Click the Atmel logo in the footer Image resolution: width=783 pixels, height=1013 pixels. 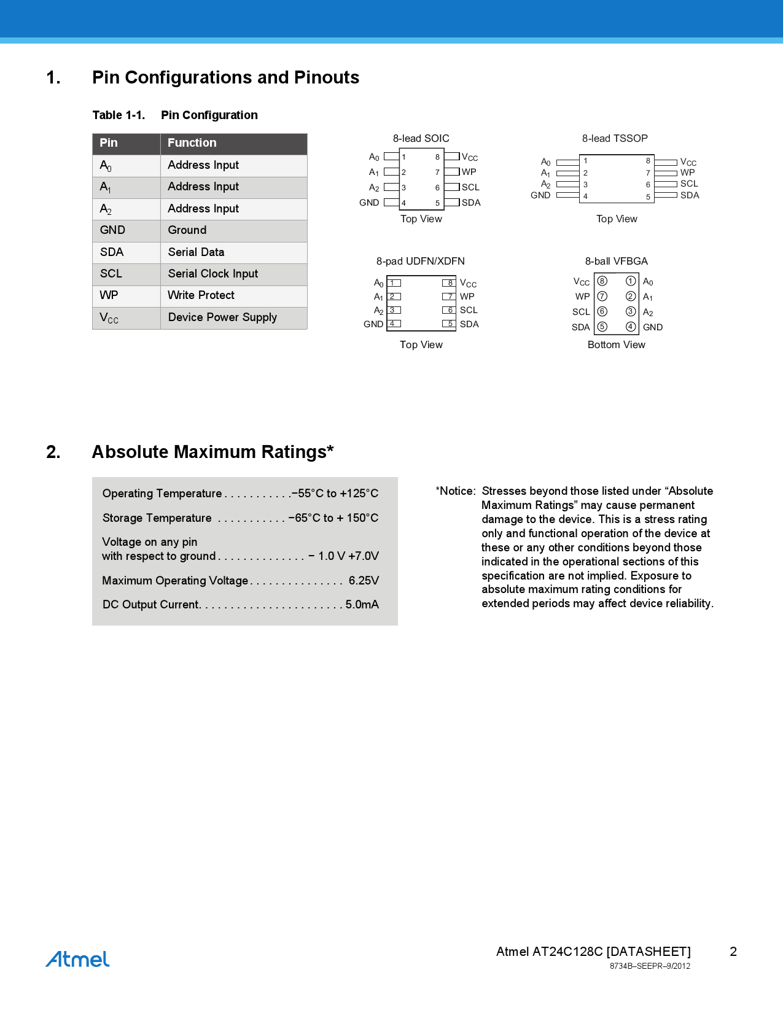[77, 959]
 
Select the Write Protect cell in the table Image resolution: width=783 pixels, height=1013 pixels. [201, 295]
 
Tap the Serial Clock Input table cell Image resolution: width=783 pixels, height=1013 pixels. [212, 274]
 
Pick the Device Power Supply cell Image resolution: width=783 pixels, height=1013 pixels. [222, 317]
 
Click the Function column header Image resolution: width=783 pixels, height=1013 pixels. [192, 143]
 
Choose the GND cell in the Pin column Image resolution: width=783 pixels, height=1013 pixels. [112, 230]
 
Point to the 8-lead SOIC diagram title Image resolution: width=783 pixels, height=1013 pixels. [421, 139]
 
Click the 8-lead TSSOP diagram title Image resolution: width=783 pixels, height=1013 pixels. [615, 139]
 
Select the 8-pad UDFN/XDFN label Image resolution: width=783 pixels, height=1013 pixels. [421, 262]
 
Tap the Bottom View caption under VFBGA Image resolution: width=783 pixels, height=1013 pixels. [617, 345]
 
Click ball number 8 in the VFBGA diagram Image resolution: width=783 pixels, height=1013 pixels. [602, 281]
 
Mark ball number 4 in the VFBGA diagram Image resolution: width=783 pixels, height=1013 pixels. [631, 327]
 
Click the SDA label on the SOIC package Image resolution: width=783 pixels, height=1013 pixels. [471, 203]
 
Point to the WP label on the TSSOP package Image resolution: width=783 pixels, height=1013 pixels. [687, 173]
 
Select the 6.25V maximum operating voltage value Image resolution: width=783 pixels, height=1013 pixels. [364, 581]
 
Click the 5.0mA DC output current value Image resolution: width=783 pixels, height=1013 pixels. [362, 605]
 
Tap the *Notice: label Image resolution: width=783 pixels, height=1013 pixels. [456, 491]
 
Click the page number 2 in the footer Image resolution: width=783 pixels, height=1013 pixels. [733, 952]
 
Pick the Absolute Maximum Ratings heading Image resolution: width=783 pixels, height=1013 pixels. [212, 452]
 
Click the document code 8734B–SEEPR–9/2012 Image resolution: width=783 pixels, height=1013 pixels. [650, 966]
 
